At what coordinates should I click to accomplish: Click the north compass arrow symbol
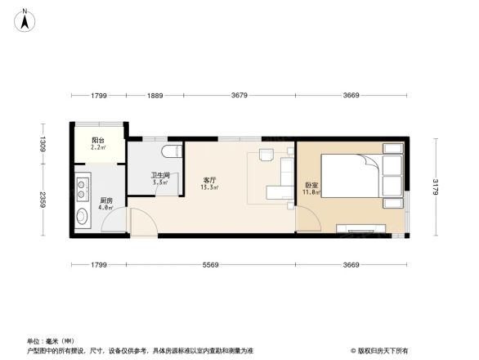click(x=25, y=19)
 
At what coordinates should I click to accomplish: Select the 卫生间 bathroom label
click(x=159, y=175)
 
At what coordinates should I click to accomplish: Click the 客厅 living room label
click(x=210, y=180)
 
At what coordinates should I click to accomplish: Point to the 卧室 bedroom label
click(x=311, y=185)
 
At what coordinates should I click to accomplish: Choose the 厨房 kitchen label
click(x=106, y=200)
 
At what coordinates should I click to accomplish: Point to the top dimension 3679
click(x=239, y=97)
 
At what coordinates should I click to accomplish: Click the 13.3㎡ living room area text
click(x=210, y=187)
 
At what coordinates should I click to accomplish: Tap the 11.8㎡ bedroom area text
click(x=311, y=193)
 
